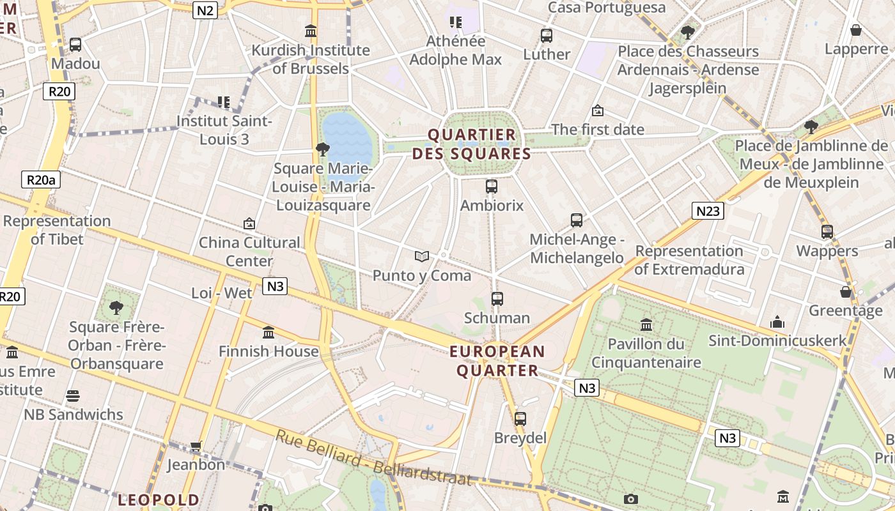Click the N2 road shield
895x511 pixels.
[x=205, y=10]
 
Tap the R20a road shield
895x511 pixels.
[x=41, y=179]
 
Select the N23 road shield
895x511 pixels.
[x=708, y=211]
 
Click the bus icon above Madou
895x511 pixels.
[x=75, y=45]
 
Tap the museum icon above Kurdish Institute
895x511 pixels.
[x=311, y=31]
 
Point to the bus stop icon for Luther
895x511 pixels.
[x=546, y=36]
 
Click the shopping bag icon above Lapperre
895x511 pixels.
[x=856, y=30]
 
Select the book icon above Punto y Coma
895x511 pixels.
[x=421, y=256]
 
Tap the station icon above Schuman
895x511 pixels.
[x=497, y=298]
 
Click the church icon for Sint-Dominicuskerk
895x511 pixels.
[x=777, y=321]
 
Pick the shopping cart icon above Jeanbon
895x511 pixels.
[x=196, y=446]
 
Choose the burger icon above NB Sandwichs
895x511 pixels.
[x=73, y=396]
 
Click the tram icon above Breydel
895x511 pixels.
[x=520, y=419]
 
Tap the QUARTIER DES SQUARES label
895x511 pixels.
[x=472, y=144]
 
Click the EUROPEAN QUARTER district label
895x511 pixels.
[x=497, y=361]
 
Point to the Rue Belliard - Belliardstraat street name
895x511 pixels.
[x=373, y=459]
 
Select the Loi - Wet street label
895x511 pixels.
[x=222, y=293]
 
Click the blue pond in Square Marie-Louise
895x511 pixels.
[x=346, y=137]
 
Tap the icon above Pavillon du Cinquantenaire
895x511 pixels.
[x=646, y=324]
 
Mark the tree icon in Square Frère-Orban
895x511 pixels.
[x=116, y=308]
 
